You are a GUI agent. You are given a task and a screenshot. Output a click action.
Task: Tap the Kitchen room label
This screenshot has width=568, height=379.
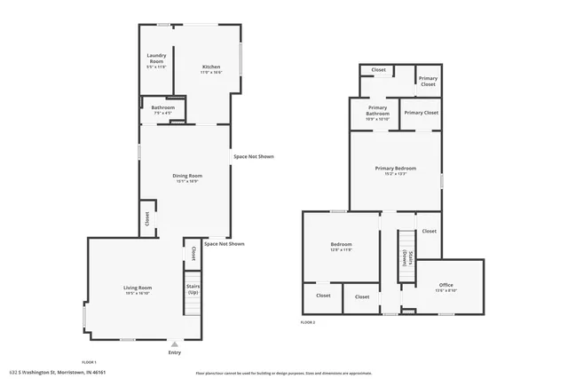(x=211, y=67)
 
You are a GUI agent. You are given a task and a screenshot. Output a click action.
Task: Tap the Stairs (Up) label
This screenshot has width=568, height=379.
(x=193, y=289)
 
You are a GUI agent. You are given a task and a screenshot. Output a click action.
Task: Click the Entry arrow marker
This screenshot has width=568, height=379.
(x=175, y=343)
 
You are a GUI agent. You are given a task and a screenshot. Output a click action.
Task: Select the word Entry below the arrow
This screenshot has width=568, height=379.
(x=175, y=353)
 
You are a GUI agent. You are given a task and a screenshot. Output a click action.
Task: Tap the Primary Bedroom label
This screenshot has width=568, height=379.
(x=395, y=170)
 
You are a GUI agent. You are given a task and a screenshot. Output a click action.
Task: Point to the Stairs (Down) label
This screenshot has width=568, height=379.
(x=406, y=257)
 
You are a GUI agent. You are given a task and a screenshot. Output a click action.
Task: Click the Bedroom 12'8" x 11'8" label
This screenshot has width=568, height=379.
(x=342, y=246)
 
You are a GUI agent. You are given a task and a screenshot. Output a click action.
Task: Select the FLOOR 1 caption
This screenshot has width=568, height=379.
(x=89, y=362)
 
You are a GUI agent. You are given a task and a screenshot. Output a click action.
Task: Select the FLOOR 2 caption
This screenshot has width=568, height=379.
(x=308, y=322)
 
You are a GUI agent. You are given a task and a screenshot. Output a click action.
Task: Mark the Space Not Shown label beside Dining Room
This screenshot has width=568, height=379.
(x=254, y=157)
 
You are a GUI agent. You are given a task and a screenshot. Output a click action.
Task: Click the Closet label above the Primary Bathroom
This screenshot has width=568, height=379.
(x=378, y=69)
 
